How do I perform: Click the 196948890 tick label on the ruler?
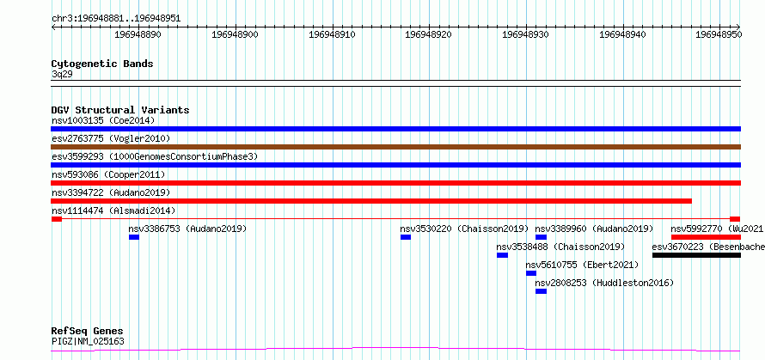click(138, 34)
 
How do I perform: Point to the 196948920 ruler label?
click(429, 34)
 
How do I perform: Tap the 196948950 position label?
click(719, 34)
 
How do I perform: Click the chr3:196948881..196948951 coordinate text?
click(116, 19)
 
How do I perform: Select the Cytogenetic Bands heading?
click(102, 64)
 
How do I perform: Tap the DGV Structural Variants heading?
click(120, 110)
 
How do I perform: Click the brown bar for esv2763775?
click(395, 147)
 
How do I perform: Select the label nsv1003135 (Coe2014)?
click(103, 120)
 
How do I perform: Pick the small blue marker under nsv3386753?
click(134, 237)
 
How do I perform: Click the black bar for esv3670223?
click(696, 255)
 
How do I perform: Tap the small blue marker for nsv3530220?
click(406, 237)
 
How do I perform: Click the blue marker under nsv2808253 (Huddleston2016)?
click(541, 291)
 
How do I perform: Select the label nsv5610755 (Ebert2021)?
click(582, 265)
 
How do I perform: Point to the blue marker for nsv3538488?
click(503, 255)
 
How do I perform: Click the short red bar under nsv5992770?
click(706, 237)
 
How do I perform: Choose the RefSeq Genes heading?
click(88, 332)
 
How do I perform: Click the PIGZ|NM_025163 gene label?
click(88, 341)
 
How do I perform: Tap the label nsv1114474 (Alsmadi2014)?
click(113, 211)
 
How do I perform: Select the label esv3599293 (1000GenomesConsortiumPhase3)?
click(155, 156)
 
